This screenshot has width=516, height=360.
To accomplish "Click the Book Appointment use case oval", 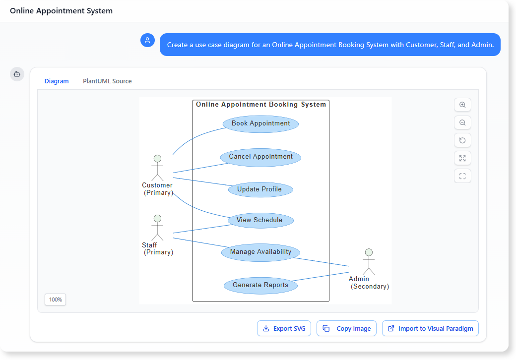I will click(x=260, y=123).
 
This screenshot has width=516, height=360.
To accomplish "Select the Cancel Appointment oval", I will click(x=260, y=157).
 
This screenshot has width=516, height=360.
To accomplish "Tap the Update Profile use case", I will click(x=260, y=189).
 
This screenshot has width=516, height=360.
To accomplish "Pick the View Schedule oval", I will click(x=260, y=220).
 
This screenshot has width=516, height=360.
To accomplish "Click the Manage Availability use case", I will click(x=260, y=252).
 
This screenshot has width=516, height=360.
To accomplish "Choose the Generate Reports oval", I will click(x=260, y=285).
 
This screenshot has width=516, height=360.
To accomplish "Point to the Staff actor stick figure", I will click(x=157, y=228).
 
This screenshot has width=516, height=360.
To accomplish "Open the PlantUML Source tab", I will click(x=107, y=81).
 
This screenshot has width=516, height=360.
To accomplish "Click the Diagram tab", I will click(x=57, y=81).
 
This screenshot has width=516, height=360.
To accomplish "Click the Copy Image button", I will click(x=347, y=328).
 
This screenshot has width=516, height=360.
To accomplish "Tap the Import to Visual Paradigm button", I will click(x=430, y=328).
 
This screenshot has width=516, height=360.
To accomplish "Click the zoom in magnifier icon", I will click(x=462, y=105).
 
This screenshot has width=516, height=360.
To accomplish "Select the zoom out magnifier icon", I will click(x=462, y=123).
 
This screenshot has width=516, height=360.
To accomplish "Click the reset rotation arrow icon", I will click(x=462, y=140).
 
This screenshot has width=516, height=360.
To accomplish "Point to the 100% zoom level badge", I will click(x=56, y=300).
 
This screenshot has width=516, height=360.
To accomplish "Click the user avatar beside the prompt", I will click(x=147, y=41).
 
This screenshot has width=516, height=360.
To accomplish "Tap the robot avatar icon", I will click(x=17, y=74).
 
